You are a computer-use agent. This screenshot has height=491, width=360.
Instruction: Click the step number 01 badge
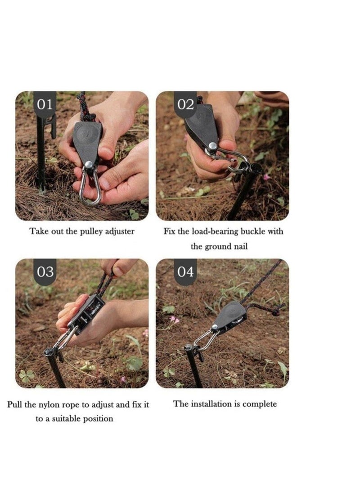(x=45, y=104)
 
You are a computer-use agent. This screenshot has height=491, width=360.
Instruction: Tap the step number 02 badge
(x=185, y=104)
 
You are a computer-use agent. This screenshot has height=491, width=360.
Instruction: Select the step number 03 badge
(x=45, y=272)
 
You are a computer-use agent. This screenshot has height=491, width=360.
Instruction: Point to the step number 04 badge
(x=185, y=272)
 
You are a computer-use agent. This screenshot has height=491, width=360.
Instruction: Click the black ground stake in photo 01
(x=41, y=153)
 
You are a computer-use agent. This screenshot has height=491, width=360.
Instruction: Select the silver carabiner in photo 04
(x=206, y=340)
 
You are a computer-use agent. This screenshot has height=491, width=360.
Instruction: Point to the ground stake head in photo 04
(x=189, y=348)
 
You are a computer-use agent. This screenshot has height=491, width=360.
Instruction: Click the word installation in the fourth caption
(x=211, y=404)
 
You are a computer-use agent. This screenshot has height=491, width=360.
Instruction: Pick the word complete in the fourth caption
(x=260, y=404)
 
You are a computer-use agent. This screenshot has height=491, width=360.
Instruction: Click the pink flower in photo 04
(x=173, y=320)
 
